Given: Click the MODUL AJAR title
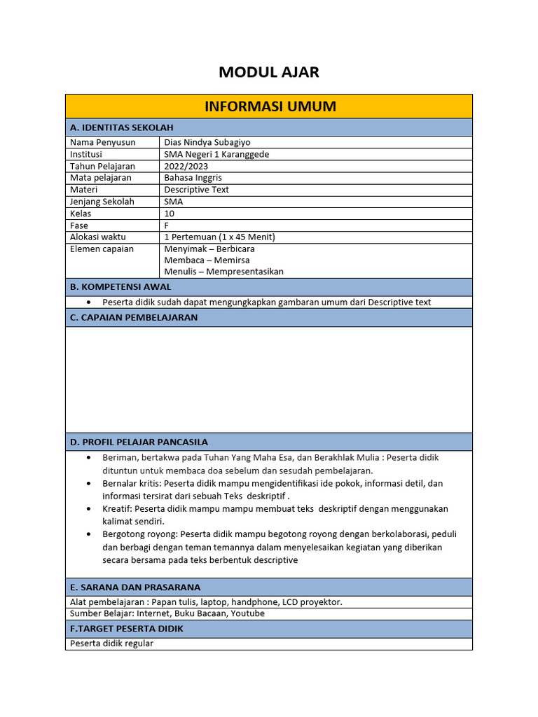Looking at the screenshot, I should (269, 71).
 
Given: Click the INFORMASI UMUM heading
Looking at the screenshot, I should (270, 106).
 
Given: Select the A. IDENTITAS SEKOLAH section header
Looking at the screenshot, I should (122, 127).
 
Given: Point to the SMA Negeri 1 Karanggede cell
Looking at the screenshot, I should (216, 154).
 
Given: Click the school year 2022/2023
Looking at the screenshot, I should (186, 166).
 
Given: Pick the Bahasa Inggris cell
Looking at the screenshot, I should (193, 178).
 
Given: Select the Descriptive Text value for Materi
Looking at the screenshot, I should (196, 190).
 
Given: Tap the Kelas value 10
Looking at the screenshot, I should (169, 214).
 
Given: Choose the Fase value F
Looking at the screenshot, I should (167, 225).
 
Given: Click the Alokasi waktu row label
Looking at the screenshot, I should (98, 237).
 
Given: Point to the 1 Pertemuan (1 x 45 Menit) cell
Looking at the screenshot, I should (219, 237).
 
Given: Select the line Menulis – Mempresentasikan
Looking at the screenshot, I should (223, 272).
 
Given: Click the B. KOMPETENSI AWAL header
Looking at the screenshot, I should (120, 287).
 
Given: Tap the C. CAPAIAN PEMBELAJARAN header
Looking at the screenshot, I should (134, 317).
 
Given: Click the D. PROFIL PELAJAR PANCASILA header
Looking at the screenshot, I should (139, 442).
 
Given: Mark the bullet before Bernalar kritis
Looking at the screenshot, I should (88, 484).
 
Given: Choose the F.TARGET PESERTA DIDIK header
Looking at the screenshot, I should (127, 629).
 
